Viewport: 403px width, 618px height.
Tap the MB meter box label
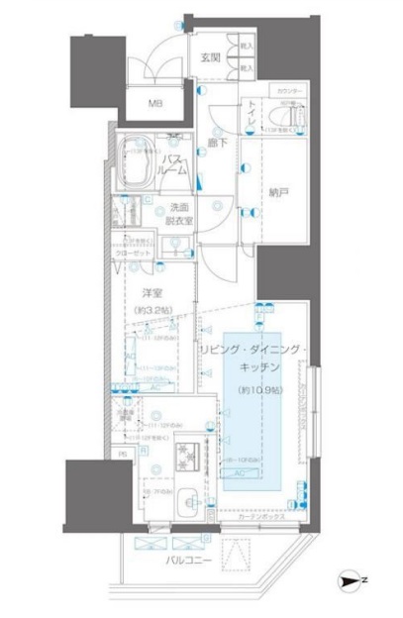click(x=156, y=103)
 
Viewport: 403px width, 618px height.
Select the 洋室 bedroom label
click(x=151, y=293)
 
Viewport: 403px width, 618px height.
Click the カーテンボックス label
click(x=261, y=516)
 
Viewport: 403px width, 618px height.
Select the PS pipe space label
click(x=123, y=455)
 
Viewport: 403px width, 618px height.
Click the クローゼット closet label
click(x=140, y=253)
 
